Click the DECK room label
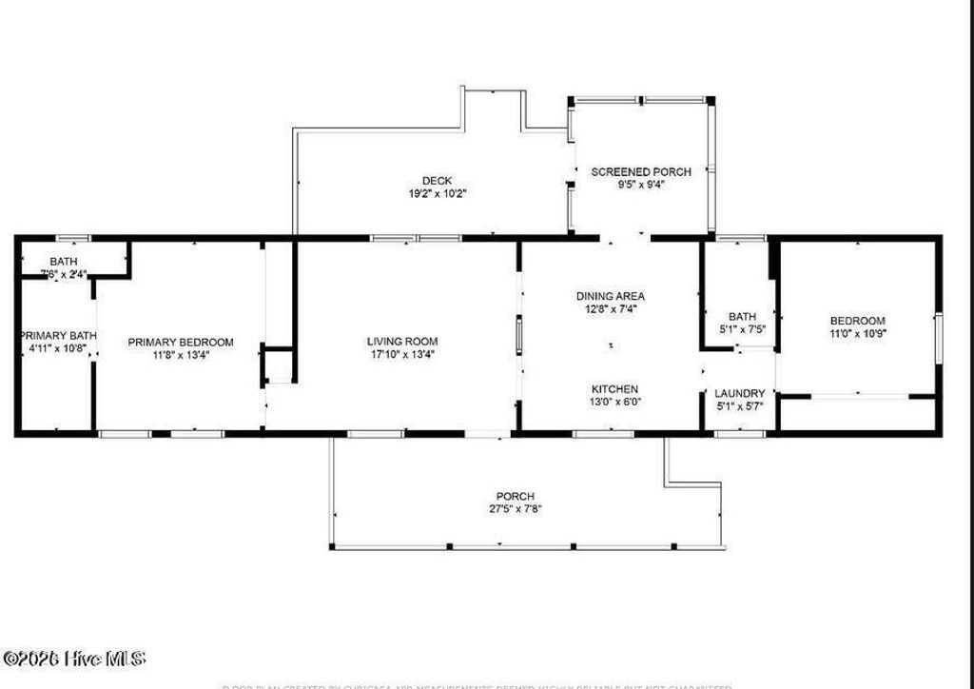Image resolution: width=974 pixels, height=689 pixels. pyautogui.click(x=438, y=181)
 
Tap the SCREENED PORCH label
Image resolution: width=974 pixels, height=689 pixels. pyautogui.click(x=641, y=172)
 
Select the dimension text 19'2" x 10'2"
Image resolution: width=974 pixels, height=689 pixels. pyautogui.click(x=438, y=193)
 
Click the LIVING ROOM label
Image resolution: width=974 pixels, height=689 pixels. pyautogui.click(x=402, y=342)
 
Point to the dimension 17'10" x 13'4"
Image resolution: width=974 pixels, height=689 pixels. pyautogui.click(x=402, y=355)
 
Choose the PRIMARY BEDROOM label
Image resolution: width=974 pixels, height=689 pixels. pyautogui.click(x=181, y=343)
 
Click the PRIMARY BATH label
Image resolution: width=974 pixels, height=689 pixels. pyautogui.click(x=58, y=336)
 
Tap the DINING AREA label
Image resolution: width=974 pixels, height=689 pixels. pyautogui.click(x=611, y=297)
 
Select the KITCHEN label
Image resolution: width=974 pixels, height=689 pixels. pyautogui.click(x=614, y=389)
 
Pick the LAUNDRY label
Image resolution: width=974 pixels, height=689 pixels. pyautogui.click(x=740, y=394)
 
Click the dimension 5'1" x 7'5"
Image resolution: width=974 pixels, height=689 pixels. pyautogui.click(x=741, y=330)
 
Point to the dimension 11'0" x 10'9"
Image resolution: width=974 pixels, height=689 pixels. pyautogui.click(x=858, y=334)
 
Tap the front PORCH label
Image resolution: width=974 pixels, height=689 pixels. pyautogui.click(x=515, y=497)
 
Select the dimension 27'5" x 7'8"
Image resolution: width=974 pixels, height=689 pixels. pyautogui.click(x=515, y=509)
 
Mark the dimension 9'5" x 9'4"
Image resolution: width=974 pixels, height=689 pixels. pyautogui.click(x=641, y=186)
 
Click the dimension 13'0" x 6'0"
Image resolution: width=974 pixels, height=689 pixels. pyautogui.click(x=614, y=403)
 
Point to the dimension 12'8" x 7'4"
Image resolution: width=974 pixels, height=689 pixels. pyautogui.click(x=611, y=309)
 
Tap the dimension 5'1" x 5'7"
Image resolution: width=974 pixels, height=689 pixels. pyautogui.click(x=740, y=406)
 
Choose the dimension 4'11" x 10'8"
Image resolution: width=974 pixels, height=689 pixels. pyautogui.click(x=58, y=349)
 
